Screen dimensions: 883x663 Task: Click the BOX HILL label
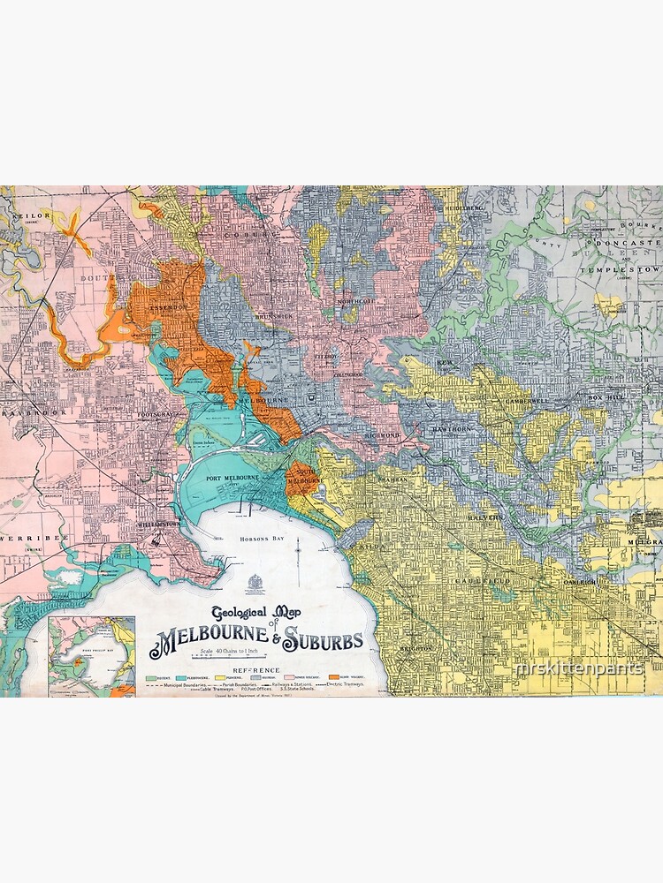click(x=606, y=399)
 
